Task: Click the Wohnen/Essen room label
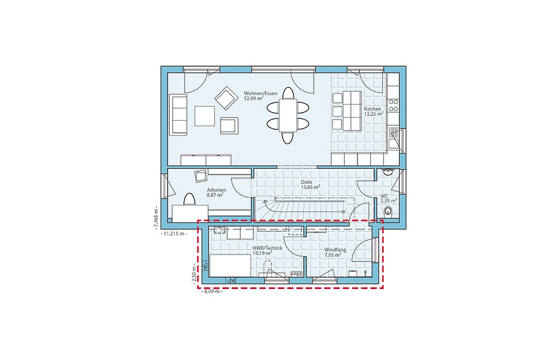pos(260,93)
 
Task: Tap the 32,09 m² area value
pos(253,98)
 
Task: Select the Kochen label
pos(372,109)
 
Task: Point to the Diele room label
pos(307,182)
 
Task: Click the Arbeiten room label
pos(216,191)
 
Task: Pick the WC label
pos(384,196)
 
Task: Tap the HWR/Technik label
pos(267,248)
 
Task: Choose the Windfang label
pos(335,250)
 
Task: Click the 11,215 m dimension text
pos(174,234)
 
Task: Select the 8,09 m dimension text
pos(212,291)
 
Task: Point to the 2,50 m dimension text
pos(194,274)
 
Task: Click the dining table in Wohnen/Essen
pos(288,115)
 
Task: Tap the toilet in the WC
pos(388,211)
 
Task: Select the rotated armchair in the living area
pos(227,98)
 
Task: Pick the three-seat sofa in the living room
pos(179,115)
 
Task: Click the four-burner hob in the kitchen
pos(393,105)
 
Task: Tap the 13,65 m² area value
pos(310,187)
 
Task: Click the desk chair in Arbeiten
pos(201,176)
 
